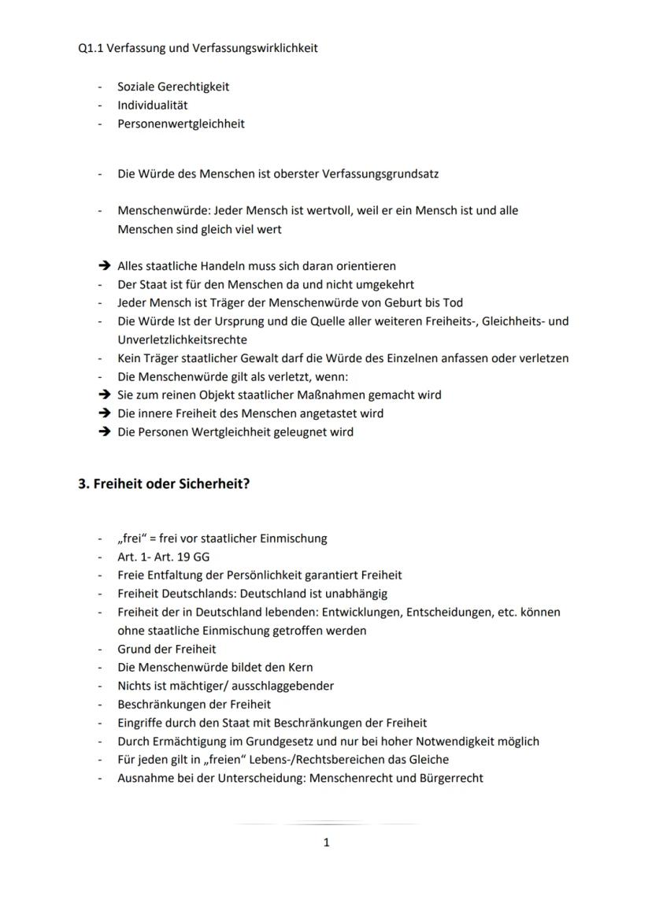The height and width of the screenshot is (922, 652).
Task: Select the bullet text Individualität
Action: (x=152, y=106)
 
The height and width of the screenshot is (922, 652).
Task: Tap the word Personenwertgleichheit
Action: (x=180, y=124)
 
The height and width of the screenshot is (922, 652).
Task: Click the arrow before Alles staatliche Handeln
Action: (x=103, y=266)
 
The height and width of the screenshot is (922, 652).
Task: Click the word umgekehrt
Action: (x=386, y=284)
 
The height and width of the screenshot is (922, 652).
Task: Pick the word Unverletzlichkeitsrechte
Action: (x=182, y=339)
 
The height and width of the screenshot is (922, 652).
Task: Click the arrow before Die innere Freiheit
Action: (x=103, y=413)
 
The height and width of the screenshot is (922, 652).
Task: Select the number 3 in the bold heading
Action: (x=82, y=483)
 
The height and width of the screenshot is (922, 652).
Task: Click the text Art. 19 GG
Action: (x=177, y=557)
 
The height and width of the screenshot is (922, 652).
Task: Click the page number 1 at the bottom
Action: (x=326, y=842)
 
